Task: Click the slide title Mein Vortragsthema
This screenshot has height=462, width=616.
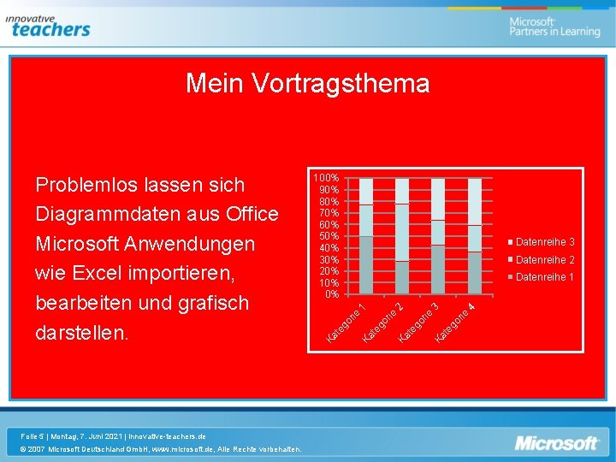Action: pyautogui.click(x=307, y=83)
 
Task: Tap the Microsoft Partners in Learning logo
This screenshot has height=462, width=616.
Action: pyautogui.click(x=554, y=27)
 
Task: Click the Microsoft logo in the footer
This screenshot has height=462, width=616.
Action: pyautogui.click(x=555, y=443)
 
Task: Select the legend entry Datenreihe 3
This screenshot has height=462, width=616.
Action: pyautogui.click(x=544, y=242)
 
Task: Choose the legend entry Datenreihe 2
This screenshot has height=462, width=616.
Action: pyautogui.click(x=544, y=259)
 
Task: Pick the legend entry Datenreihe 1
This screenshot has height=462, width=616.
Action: pyautogui.click(x=544, y=276)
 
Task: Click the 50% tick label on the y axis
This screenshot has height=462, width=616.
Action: pyautogui.click(x=329, y=236)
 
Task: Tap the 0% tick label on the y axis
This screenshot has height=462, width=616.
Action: pyautogui.click(x=332, y=294)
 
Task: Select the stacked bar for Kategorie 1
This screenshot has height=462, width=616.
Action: pyautogui.click(x=366, y=236)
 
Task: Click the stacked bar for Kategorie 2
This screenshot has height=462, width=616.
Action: pyautogui.click(x=402, y=236)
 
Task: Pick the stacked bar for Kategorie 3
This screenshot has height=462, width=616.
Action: pyautogui.click(x=438, y=236)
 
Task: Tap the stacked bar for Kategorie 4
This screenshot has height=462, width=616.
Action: pyautogui.click(x=474, y=236)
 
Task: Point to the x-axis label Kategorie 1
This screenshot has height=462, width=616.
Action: pyautogui.click(x=348, y=320)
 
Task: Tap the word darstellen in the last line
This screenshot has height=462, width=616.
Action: pyautogui.click(x=80, y=333)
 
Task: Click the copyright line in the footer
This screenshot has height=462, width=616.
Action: pyautogui.click(x=162, y=448)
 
